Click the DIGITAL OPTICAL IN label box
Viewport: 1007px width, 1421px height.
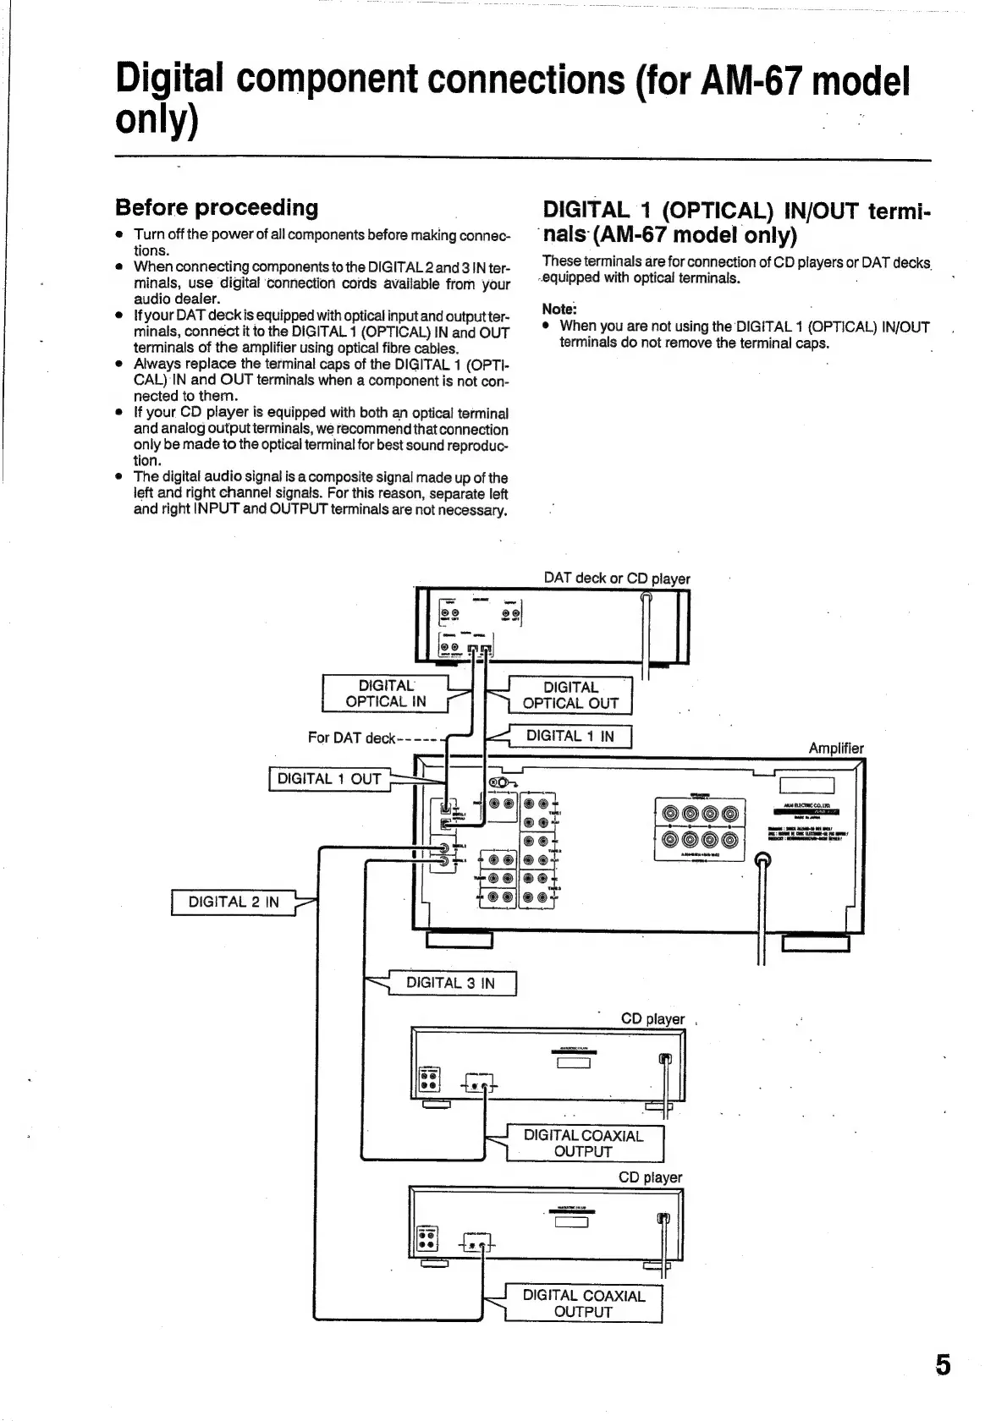(x=385, y=694)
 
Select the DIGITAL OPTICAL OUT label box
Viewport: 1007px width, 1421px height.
(x=570, y=695)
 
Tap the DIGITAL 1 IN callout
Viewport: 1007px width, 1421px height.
(x=570, y=736)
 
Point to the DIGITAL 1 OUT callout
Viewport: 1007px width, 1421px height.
(x=329, y=779)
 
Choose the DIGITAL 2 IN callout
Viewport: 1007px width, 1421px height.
(x=234, y=902)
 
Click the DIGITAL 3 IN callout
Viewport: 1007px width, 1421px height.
(x=451, y=983)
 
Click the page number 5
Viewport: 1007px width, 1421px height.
(x=942, y=1365)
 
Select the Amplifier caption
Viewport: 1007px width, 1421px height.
(x=836, y=748)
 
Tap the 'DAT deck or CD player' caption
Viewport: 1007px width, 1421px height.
(x=617, y=579)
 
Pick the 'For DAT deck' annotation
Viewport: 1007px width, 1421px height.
(x=352, y=738)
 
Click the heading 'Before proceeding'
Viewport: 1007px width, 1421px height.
(x=217, y=207)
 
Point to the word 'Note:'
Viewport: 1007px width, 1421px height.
(x=559, y=309)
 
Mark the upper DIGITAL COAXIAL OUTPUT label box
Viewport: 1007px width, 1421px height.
(x=584, y=1144)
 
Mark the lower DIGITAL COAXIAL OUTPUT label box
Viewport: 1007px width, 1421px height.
(x=584, y=1303)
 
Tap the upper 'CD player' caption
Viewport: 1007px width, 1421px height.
(x=652, y=1018)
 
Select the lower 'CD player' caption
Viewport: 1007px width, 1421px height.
(x=650, y=1177)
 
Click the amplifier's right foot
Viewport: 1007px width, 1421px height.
(x=816, y=943)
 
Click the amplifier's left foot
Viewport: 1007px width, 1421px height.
(x=459, y=940)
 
